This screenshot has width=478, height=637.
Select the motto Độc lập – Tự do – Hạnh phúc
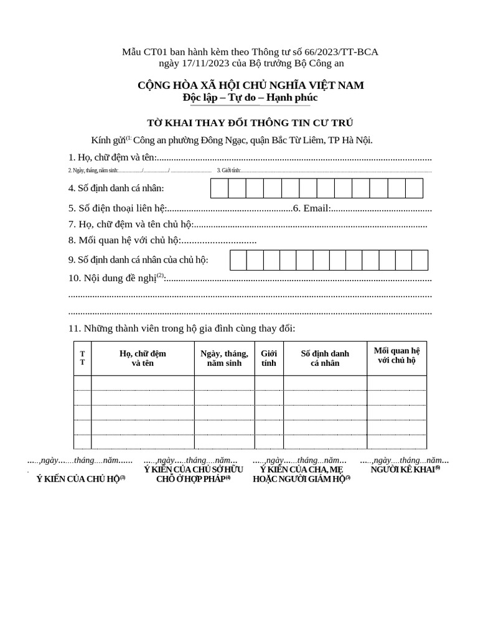coord(250,98)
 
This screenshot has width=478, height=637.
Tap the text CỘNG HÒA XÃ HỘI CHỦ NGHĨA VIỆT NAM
coord(250,85)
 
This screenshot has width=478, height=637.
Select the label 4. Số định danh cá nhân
coord(116,188)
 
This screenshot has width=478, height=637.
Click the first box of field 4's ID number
coord(219,188)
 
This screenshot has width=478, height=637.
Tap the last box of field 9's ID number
coord(419,260)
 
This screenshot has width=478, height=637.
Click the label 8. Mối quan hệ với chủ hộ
coord(124,240)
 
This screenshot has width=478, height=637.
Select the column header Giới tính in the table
coord(269,358)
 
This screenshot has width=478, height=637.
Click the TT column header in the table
coord(82,358)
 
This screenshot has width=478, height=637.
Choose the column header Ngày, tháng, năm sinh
coord(224,358)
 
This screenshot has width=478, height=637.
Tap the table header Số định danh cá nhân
coord(325,358)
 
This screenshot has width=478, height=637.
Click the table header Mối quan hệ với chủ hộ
coord(396,355)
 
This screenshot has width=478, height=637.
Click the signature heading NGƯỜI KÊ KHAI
coord(405,470)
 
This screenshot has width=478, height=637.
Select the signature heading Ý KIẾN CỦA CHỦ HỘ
coord(81,479)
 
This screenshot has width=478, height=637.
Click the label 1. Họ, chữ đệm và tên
coord(113,158)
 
